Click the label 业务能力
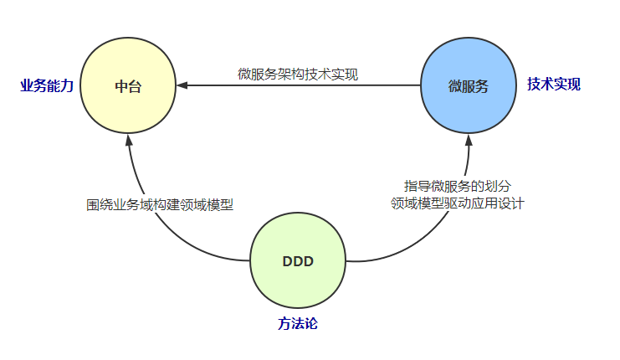coord(47,85)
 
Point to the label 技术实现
coord(554,85)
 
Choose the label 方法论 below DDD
coord(298,323)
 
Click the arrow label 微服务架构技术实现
coord(298,75)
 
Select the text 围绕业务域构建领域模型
coord(159,204)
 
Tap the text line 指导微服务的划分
coord(457,185)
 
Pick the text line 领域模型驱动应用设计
coord(457,203)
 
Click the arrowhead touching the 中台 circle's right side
coord(182,85)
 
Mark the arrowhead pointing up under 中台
coord(128,139)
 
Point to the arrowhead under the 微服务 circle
coord(468,139)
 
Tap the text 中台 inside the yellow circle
coord(128,86)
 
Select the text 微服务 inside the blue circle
coord(468,86)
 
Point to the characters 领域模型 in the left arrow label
coord(206,204)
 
